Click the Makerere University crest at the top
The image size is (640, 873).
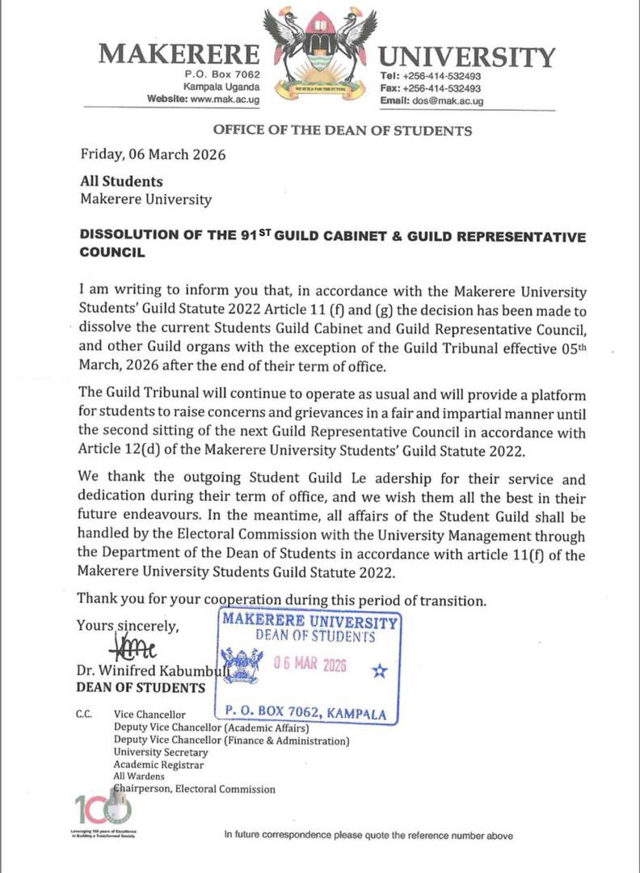[321, 53]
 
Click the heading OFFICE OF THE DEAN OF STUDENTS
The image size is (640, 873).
[342, 130]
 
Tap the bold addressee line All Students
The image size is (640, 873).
[121, 182]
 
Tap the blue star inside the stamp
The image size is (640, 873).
[379, 671]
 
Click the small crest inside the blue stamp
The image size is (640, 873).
[242, 665]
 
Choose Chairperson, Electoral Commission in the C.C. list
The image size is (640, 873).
[194, 789]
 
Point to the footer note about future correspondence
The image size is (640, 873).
[368, 836]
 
